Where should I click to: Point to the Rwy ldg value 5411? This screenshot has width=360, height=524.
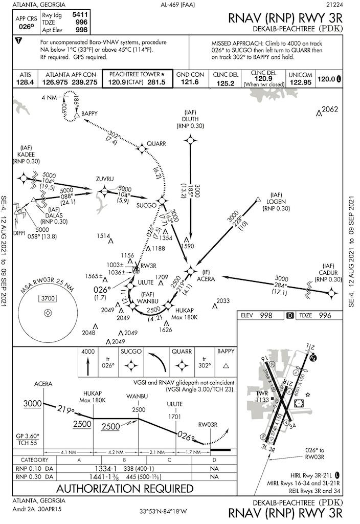pyautogui.click(x=81, y=15)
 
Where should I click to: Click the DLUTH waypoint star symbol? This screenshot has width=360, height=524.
pyautogui.click(x=190, y=139)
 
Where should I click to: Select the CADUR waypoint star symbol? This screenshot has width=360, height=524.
pyautogui.click(x=332, y=293)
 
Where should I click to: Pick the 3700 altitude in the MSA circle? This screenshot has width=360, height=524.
pyautogui.click(x=48, y=298)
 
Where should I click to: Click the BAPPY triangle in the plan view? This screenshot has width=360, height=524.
pyautogui.click(x=76, y=117)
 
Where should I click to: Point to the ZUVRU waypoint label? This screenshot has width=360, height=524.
pyautogui.click(x=104, y=179)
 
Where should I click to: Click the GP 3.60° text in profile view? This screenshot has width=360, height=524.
pyautogui.click(x=28, y=435)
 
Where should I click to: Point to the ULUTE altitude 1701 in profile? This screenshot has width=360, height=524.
pyautogui.click(x=174, y=417)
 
